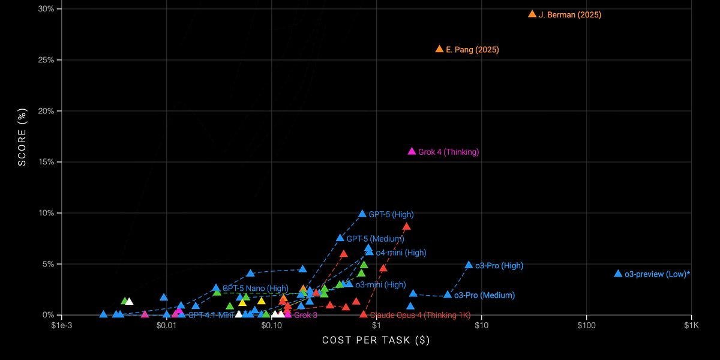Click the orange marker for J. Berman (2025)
[x=532, y=14]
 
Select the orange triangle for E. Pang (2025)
[x=439, y=49]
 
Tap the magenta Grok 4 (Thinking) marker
[x=412, y=151]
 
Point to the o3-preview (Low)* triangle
[x=618, y=274]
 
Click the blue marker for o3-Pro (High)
[x=469, y=265]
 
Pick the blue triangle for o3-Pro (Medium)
[x=448, y=295]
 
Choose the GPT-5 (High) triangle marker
[x=362, y=214]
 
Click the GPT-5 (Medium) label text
[x=375, y=239]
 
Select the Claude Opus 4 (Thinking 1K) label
[x=420, y=315]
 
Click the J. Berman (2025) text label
[x=570, y=14]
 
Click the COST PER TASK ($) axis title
[x=376, y=340]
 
